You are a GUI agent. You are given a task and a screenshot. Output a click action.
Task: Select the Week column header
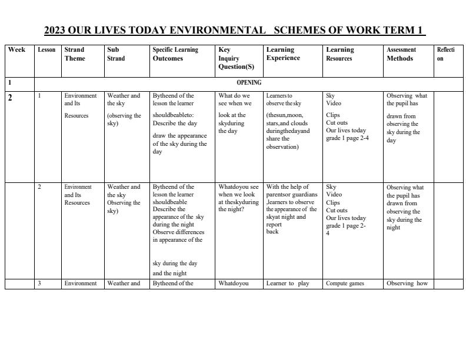point(16,50)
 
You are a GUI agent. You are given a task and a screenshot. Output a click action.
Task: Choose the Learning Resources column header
point(340,54)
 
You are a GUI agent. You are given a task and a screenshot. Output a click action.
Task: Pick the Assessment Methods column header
point(401,54)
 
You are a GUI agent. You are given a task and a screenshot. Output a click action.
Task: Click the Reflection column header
point(445,54)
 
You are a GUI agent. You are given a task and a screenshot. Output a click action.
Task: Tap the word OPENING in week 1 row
point(249,83)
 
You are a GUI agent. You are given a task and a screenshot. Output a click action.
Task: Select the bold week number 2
point(10,98)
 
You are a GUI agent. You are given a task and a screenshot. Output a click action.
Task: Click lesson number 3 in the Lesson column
point(39,284)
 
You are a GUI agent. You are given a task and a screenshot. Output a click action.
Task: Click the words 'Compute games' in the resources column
point(345,284)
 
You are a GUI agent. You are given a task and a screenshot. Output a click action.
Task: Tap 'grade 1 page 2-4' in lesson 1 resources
point(347,138)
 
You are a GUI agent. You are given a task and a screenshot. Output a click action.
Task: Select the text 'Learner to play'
point(288,284)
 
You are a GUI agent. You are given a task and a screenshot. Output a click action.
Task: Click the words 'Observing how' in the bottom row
point(407,284)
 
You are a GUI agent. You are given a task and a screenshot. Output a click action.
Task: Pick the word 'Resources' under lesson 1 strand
point(76,116)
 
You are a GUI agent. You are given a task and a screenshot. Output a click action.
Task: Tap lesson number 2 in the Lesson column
point(39,187)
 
